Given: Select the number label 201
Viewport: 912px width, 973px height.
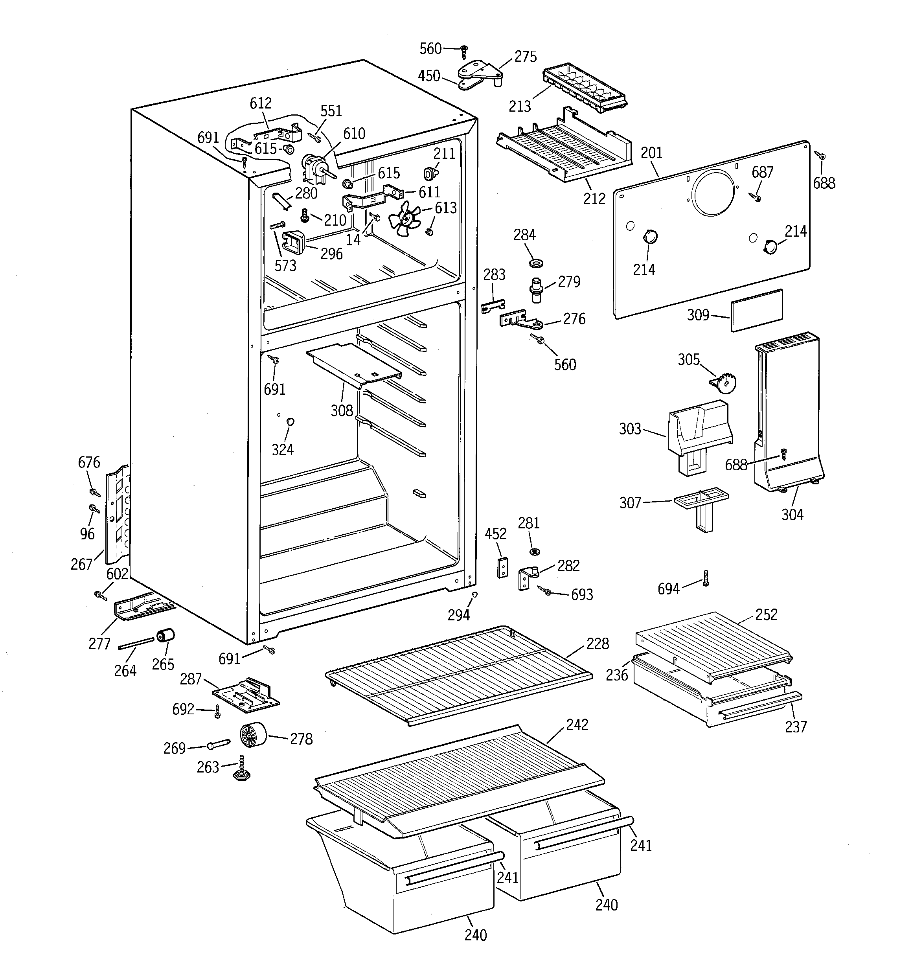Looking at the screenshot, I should click(x=651, y=153).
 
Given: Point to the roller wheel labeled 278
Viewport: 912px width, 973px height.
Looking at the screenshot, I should click(x=253, y=736).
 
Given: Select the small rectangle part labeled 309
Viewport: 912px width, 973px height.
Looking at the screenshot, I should click(x=756, y=310).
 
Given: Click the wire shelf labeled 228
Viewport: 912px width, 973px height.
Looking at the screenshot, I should click(x=458, y=674).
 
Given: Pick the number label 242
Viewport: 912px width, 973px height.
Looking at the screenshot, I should click(x=577, y=725).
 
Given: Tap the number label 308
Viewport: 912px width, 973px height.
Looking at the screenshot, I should click(x=341, y=411).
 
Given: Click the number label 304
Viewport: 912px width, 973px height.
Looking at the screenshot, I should click(x=792, y=514).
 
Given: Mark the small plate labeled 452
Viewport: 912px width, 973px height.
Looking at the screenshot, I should click(x=503, y=567).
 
